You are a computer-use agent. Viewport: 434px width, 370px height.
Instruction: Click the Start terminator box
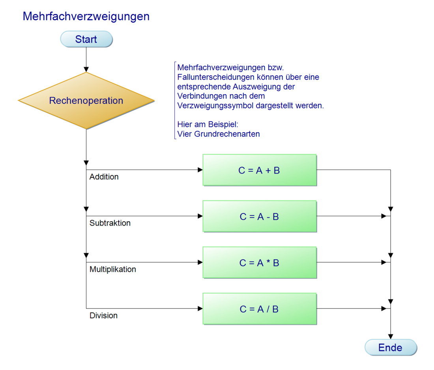click(x=86, y=39)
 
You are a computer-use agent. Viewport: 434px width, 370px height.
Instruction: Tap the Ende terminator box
click(x=390, y=348)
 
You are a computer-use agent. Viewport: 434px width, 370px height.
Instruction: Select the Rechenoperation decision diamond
click(x=86, y=101)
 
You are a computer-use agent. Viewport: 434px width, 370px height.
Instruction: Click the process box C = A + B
click(x=259, y=170)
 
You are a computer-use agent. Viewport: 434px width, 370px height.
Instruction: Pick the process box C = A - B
click(x=259, y=216)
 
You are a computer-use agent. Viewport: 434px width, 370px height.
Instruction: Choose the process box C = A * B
click(x=259, y=263)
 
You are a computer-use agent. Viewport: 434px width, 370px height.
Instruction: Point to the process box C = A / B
click(x=259, y=309)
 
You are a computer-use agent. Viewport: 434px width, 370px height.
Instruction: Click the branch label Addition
click(x=104, y=177)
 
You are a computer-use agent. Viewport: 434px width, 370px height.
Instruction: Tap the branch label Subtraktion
click(x=110, y=223)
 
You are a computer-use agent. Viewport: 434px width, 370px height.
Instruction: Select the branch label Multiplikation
click(x=112, y=269)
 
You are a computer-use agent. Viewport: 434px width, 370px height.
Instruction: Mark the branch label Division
click(x=103, y=316)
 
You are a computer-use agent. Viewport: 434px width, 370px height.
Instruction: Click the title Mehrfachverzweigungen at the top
click(x=86, y=17)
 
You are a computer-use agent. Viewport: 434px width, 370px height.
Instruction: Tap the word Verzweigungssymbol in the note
click(x=213, y=106)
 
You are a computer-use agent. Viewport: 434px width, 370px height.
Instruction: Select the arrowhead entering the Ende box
click(x=390, y=336)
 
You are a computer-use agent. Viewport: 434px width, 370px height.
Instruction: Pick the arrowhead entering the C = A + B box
click(x=200, y=170)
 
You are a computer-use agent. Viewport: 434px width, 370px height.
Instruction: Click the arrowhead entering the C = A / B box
click(x=200, y=309)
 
